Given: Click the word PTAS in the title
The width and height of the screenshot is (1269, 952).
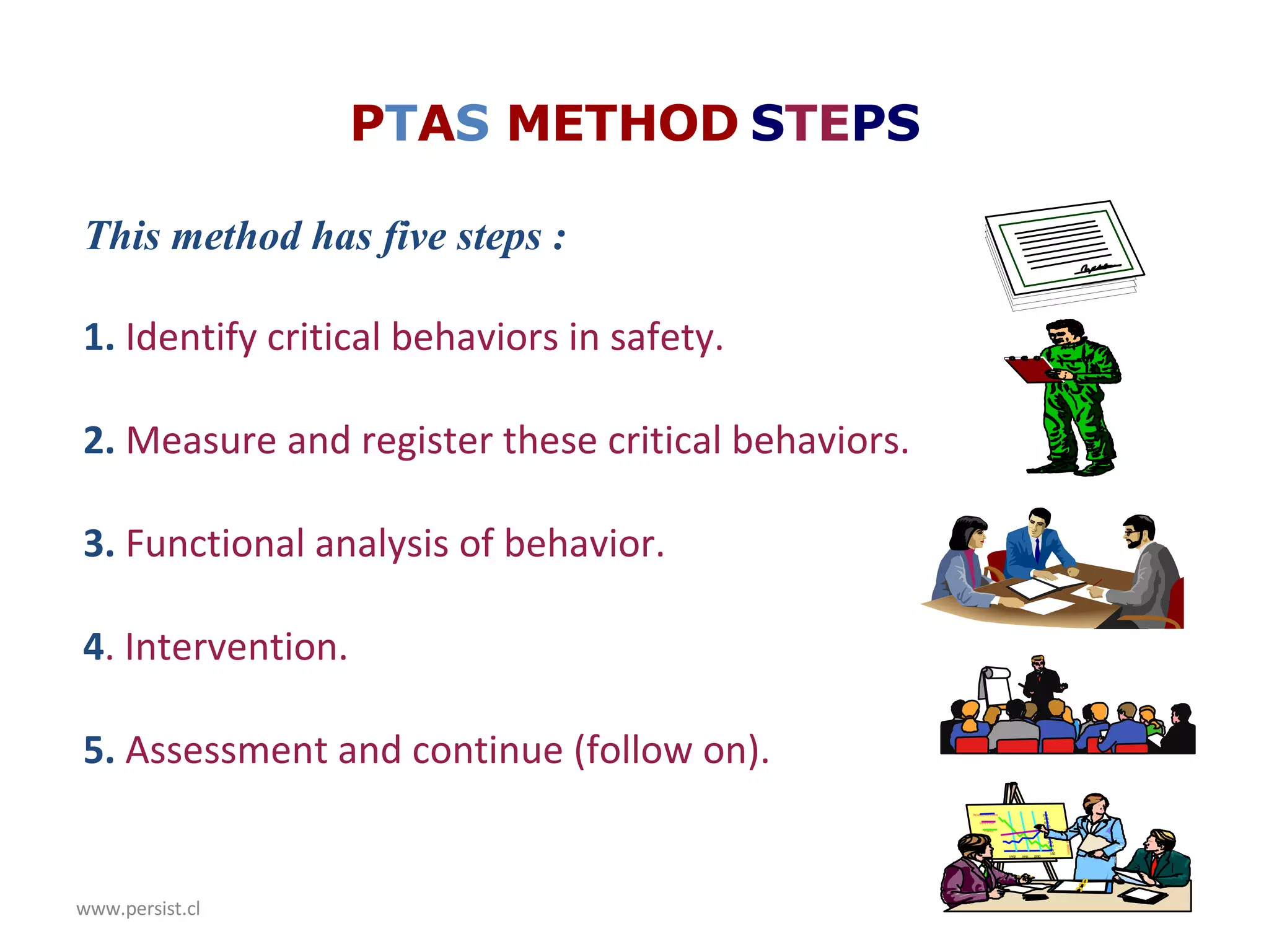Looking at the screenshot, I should pos(420,123).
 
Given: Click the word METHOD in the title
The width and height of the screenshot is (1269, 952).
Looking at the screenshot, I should pos(622,123).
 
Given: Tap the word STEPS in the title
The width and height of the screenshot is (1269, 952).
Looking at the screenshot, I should pos(835,123).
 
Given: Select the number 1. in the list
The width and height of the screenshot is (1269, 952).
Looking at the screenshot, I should pos(99,338).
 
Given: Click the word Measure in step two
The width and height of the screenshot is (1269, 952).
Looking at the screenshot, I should pos(201,441).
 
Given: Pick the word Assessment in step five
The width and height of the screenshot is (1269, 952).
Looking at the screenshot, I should pos(226,751).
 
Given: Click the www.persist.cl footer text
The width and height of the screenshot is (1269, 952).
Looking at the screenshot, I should pos(138,909).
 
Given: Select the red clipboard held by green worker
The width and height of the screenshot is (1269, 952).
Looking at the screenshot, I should pos(1029,369).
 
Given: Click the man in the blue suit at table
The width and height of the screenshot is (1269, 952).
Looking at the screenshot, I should pos(1037,545).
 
